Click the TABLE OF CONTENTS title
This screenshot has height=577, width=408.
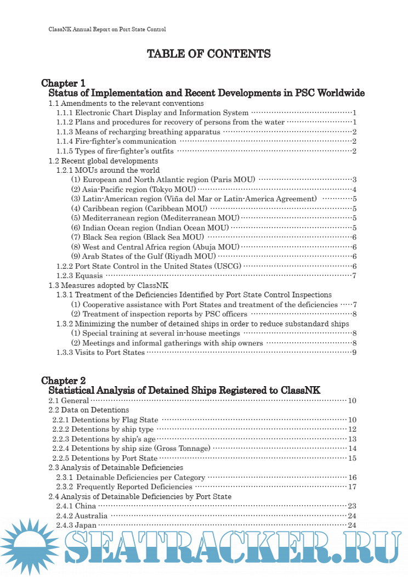208,54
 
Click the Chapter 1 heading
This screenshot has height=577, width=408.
63,83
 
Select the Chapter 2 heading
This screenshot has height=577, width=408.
63,381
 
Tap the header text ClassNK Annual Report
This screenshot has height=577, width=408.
104,29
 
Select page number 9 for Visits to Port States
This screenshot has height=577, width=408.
355,352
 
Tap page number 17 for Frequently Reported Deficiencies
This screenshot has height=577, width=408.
352,487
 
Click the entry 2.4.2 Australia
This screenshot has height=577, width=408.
82,516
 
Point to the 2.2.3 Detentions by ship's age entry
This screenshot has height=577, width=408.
104,439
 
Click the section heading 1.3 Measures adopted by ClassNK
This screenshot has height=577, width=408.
109,285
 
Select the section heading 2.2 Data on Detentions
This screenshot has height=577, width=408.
89,410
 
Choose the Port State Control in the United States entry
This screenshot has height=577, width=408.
149,266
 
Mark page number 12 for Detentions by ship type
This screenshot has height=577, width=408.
352,429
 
